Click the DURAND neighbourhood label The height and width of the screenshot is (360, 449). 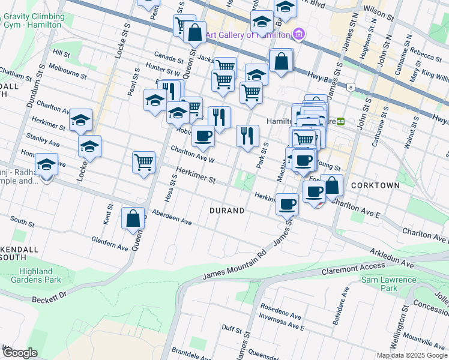(227, 211)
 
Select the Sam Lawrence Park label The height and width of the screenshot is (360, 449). (388, 284)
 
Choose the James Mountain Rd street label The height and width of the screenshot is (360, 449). (234, 264)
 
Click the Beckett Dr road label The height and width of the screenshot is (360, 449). (48, 298)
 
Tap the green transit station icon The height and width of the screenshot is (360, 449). (341, 121)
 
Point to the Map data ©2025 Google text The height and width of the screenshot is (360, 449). (412, 355)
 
